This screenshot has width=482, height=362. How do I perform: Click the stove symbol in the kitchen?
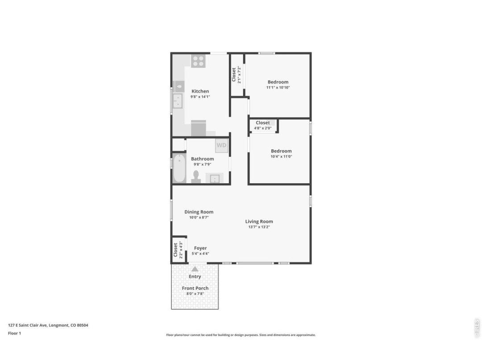[x=198, y=61]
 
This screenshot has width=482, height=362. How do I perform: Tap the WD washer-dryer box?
[x=221, y=146]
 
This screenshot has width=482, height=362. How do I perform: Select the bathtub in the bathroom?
[x=179, y=168]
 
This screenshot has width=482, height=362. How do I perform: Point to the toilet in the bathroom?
[x=196, y=177]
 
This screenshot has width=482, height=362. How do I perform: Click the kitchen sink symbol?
[x=178, y=101]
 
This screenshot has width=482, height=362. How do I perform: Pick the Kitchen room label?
[x=200, y=91]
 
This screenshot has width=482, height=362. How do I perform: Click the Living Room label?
[x=259, y=221]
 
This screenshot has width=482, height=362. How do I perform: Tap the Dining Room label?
[x=199, y=212]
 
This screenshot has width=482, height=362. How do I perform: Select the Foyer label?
[x=200, y=248]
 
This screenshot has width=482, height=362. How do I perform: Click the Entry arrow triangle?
[x=195, y=269]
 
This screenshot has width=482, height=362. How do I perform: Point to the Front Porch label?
[x=195, y=288]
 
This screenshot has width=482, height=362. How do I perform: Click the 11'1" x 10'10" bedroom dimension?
[x=278, y=88]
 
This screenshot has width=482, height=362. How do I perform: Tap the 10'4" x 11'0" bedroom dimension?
[x=281, y=156]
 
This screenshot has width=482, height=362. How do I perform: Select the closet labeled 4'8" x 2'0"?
[x=263, y=126]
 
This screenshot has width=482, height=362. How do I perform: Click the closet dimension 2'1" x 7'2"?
[x=239, y=75]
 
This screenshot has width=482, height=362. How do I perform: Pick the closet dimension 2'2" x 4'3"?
[x=181, y=250]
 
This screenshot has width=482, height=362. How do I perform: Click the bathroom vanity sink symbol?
[x=215, y=178]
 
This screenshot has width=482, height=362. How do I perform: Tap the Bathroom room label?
[x=202, y=159]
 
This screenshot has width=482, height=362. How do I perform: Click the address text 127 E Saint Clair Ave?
[x=27, y=325]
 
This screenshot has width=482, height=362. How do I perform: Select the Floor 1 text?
[x=14, y=333]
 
